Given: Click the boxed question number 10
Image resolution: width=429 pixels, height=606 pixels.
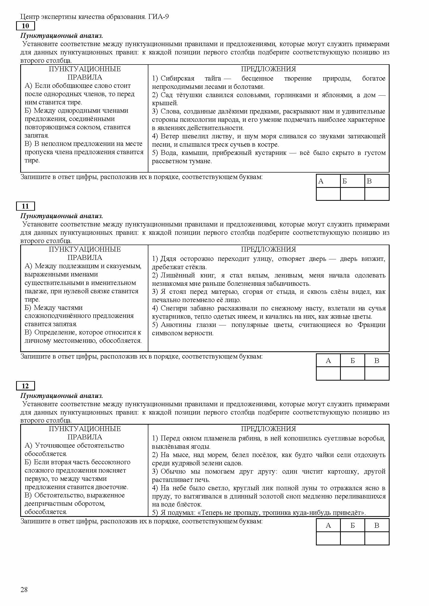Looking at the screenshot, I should pos(25,26).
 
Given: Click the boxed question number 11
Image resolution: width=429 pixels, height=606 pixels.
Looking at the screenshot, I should pos(25,206).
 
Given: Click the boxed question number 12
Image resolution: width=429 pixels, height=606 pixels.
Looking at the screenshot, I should pos(25,386).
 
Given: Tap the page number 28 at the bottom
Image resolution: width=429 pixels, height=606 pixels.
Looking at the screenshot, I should pos(24,590).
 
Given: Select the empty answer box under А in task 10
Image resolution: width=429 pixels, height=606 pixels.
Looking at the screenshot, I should pos(328,194).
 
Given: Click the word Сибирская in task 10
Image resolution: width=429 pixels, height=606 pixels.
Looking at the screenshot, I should pos(177,79).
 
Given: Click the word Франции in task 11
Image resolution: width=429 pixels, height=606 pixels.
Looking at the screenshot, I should pos(371,325).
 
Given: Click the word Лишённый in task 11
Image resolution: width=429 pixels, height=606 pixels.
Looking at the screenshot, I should pos(178,276).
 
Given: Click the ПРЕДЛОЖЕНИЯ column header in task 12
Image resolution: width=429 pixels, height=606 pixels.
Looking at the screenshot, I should pos(268,429).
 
